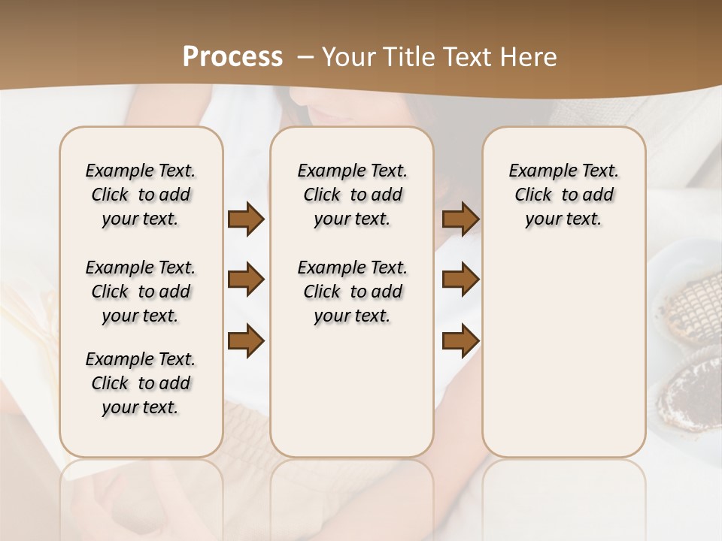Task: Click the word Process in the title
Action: [x=232, y=57]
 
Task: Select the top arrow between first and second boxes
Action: [x=246, y=219]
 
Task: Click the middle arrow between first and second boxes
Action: [x=246, y=280]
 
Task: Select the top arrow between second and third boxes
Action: [x=460, y=219]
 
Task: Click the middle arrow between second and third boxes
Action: [x=460, y=280]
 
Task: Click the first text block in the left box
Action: [x=141, y=195]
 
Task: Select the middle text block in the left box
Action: [x=141, y=292]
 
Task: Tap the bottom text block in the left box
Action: [x=141, y=383]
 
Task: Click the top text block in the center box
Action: [x=352, y=195]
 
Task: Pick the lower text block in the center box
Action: [x=352, y=292]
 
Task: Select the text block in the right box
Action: [x=564, y=195]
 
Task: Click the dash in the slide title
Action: [x=305, y=57]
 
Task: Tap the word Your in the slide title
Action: [x=347, y=57]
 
